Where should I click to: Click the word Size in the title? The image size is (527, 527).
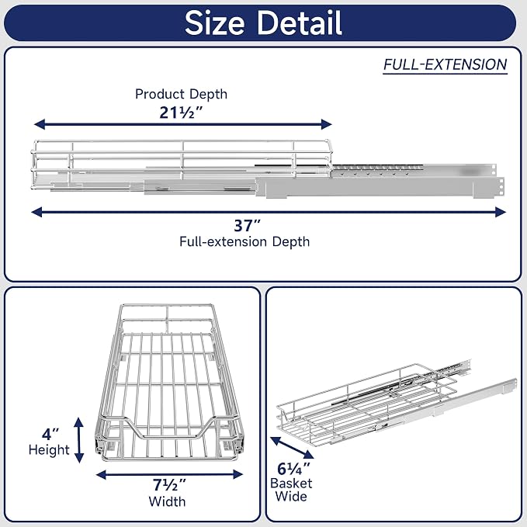point(214,23)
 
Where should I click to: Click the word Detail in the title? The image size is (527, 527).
point(300,23)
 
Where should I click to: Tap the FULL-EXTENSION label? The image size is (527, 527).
point(445,64)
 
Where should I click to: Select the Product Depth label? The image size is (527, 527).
point(181,94)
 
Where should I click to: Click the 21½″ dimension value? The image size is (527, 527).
point(181,113)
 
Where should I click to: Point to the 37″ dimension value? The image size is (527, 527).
point(248,226)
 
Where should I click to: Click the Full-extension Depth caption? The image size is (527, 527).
point(244,241)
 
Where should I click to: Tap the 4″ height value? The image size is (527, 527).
point(50,434)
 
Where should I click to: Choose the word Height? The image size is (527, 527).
point(49,449)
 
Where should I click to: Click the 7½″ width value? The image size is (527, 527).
point(169,484)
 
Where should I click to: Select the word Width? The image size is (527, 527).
point(167,501)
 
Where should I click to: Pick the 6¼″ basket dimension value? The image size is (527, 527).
point(293,469)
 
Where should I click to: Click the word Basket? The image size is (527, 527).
point(291,484)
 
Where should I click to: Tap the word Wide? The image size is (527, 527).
point(291,497)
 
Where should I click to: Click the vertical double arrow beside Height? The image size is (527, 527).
point(78,440)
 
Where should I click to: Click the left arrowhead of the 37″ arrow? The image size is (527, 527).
point(36,212)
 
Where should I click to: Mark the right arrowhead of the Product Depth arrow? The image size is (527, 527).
point(327,124)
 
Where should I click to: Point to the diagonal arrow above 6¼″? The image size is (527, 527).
point(292,448)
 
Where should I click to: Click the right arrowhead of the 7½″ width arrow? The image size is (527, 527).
point(238,474)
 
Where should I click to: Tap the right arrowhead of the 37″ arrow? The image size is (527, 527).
point(501,212)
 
